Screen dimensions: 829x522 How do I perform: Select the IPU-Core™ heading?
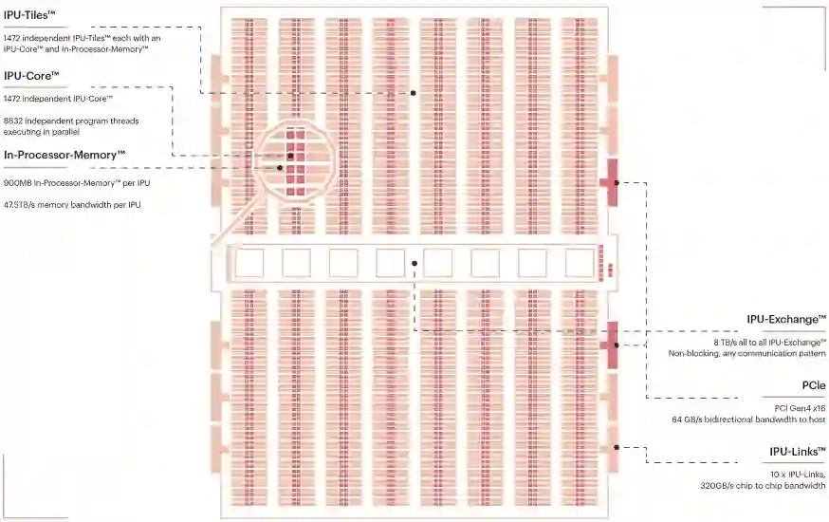(x=32, y=75)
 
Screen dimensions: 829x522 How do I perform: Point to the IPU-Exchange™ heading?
(x=786, y=321)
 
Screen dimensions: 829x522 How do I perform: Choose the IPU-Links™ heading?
(x=797, y=452)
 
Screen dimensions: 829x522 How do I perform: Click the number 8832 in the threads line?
(x=15, y=121)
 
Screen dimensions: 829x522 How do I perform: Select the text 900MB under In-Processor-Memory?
(x=17, y=181)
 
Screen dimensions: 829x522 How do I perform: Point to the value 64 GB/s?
(x=686, y=419)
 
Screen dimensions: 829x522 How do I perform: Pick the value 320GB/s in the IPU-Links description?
(x=718, y=484)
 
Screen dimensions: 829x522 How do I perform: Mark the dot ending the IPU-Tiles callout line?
(x=414, y=93)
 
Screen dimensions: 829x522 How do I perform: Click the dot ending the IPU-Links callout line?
(x=616, y=449)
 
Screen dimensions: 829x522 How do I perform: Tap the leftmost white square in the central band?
(x=249, y=263)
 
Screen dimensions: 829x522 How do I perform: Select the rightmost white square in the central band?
(x=580, y=263)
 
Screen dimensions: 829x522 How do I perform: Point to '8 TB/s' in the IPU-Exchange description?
(x=728, y=342)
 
